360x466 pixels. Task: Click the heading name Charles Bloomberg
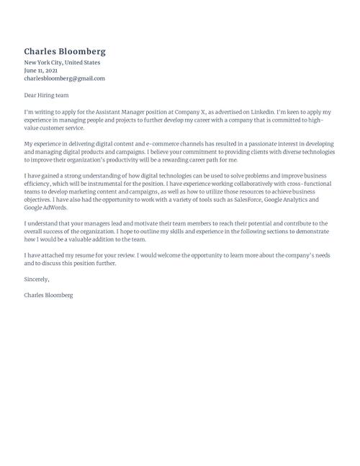(65, 51)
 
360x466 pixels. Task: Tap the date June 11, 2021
(40, 71)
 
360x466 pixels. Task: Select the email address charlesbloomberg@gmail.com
(64, 79)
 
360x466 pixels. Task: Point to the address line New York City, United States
(62, 63)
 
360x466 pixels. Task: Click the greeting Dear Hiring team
(46, 95)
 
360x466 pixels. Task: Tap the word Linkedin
(257, 112)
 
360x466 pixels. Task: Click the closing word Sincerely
(37, 279)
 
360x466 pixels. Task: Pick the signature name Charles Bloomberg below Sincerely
(48, 295)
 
